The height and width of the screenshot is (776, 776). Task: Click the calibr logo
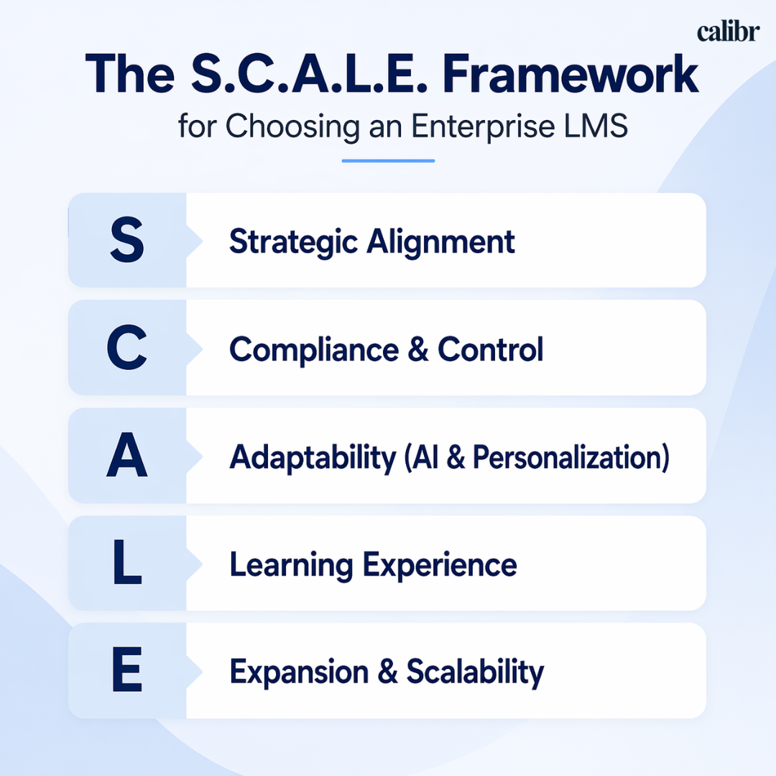click(x=727, y=32)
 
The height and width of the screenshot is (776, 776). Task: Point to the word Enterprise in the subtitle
click(x=479, y=126)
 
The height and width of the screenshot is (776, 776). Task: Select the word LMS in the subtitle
click(x=599, y=126)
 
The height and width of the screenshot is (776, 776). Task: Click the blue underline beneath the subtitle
click(x=388, y=160)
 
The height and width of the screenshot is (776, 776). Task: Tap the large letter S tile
click(x=126, y=241)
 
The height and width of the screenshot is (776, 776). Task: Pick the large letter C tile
click(x=126, y=348)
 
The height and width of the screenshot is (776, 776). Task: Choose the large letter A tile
click(x=126, y=457)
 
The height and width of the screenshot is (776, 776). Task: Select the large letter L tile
click(x=126, y=565)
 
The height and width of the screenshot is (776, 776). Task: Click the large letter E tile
click(x=126, y=673)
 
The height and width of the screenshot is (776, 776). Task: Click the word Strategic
click(x=293, y=242)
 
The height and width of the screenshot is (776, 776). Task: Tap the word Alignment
click(x=440, y=242)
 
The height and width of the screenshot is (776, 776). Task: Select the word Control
click(x=491, y=350)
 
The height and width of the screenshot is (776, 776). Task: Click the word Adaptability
click(x=313, y=458)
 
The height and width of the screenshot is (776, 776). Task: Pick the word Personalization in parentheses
click(x=567, y=458)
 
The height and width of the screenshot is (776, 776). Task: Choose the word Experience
click(x=440, y=565)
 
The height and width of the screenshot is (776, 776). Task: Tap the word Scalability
click(x=475, y=673)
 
